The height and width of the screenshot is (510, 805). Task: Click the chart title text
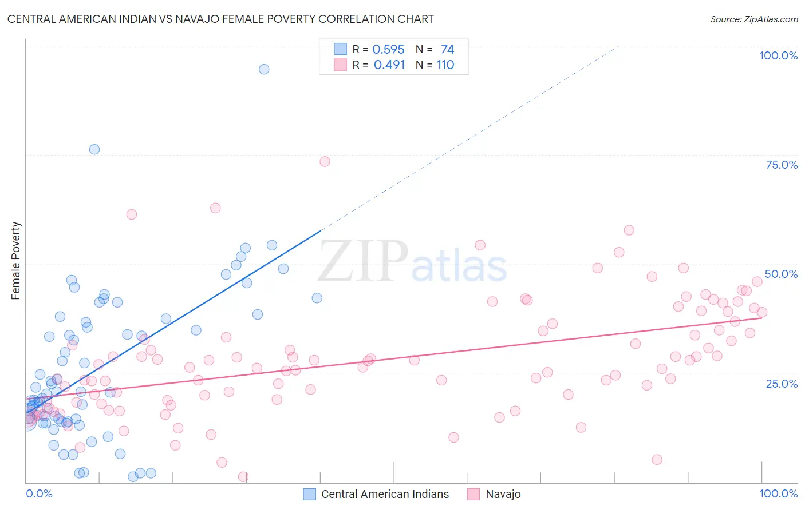(x=220, y=19)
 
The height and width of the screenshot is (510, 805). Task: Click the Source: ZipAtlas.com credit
(x=753, y=19)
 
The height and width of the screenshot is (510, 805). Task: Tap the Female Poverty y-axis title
(x=16, y=261)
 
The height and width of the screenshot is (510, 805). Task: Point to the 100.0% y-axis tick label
(x=778, y=55)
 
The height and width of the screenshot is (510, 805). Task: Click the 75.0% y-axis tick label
(x=782, y=165)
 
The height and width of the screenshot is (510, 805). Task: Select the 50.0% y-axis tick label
(x=781, y=274)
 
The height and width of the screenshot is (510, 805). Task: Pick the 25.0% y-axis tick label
(x=782, y=383)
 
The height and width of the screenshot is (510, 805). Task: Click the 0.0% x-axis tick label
(x=39, y=493)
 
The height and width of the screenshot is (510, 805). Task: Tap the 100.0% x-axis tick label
(x=778, y=493)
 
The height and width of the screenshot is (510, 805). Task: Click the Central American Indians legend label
(x=385, y=494)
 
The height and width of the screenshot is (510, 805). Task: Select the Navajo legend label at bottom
(x=503, y=494)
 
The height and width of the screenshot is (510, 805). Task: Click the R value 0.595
(x=388, y=50)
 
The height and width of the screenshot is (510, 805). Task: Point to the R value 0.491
(x=389, y=65)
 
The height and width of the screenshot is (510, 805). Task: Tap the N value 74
(x=447, y=50)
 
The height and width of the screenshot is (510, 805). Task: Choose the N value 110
(x=445, y=65)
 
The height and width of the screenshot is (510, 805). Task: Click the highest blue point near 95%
(x=264, y=69)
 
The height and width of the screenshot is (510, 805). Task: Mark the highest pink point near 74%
(x=325, y=161)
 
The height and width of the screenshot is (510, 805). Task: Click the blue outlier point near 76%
(x=94, y=149)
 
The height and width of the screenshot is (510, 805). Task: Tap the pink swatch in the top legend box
(x=341, y=65)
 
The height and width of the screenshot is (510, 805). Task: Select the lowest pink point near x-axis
(x=243, y=477)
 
